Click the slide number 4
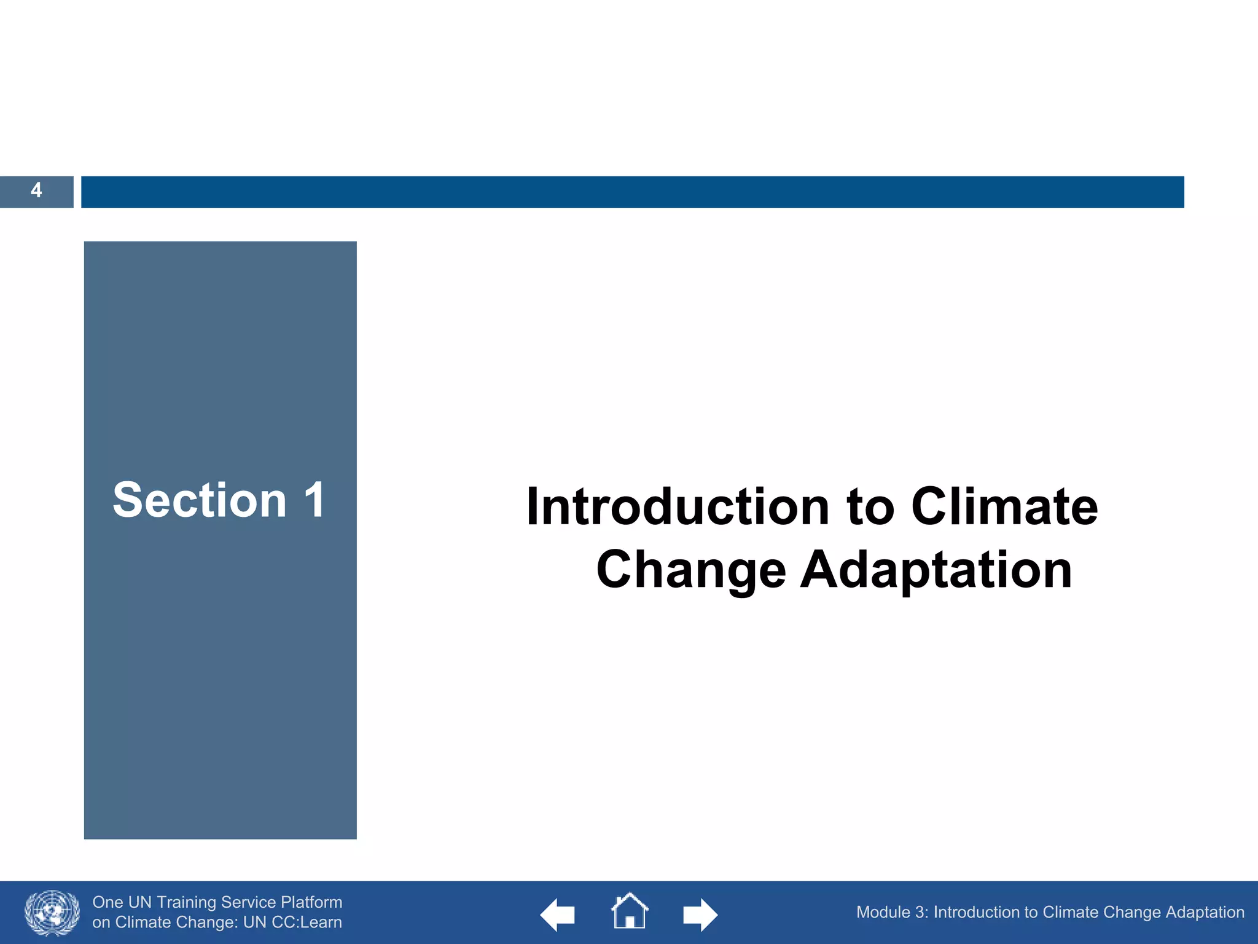tap(36, 191)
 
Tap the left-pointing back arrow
tap(557, 914)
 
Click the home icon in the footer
tap(630, 911)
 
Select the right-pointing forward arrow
tap(700, 914)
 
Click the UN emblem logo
tap(52, 913)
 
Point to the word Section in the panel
tap(200, 500)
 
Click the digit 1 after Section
tap(315, 500)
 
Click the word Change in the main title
tap(691, 570)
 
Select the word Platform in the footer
tap(311, 902)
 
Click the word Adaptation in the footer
tap(1205, 912)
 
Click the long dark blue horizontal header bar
tap(633, 192)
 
